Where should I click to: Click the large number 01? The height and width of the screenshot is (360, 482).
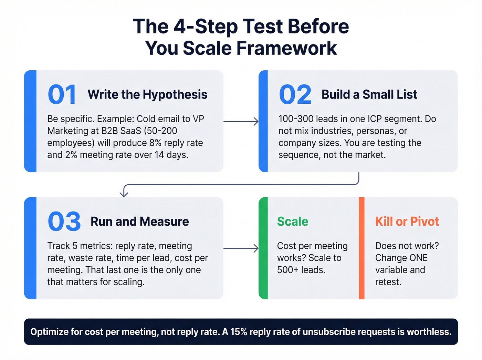62,95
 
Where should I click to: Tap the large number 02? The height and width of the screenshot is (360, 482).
295,95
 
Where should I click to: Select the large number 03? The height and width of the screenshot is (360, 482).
64,222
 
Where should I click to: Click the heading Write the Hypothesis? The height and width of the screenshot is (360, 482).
147,94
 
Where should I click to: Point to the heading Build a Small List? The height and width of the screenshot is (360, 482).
369,94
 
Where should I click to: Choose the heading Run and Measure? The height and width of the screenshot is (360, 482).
139,222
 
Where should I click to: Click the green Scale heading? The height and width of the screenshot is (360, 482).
293,222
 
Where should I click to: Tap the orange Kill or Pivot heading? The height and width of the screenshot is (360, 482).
407,222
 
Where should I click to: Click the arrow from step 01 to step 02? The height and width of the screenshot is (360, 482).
241,121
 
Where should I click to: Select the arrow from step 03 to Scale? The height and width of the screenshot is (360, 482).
241,248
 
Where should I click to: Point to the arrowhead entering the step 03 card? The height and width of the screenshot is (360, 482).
124,194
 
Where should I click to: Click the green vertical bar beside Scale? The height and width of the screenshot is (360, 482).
263,248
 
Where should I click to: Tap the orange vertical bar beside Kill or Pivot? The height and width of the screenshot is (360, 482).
361,248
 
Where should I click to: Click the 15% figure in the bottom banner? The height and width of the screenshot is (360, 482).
239,332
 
